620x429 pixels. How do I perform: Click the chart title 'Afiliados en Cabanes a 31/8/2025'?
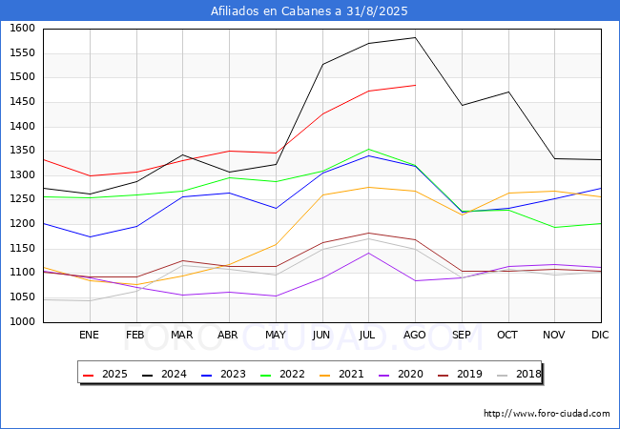[309, 10]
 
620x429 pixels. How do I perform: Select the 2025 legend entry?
[105, 374]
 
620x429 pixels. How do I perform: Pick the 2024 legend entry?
[164, 374]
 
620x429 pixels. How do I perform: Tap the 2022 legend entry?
[282, 374]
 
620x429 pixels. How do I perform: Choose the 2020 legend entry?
[401, 374]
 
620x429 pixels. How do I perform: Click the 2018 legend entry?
[518, 374]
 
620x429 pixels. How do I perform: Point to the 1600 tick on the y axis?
[22, 29]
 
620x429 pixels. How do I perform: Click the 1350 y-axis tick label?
[22, 151]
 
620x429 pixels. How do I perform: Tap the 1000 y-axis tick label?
[22, 322]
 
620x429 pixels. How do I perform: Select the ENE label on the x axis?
[89, 335]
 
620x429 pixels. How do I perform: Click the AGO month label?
[414, 335]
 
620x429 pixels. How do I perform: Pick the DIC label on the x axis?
[600, 335]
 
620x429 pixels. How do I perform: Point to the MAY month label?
[276, 335]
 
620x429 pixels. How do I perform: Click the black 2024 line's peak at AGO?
[415, 37]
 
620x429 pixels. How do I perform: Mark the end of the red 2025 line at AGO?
[415, 85]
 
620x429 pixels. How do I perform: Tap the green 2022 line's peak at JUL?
[369, 149]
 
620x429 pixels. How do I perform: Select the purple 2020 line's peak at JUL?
[369, 253]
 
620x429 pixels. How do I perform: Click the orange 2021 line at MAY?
[276, 244]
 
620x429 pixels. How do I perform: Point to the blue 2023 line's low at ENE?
[91, 237]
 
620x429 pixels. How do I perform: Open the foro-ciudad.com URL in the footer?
[547, 414]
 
